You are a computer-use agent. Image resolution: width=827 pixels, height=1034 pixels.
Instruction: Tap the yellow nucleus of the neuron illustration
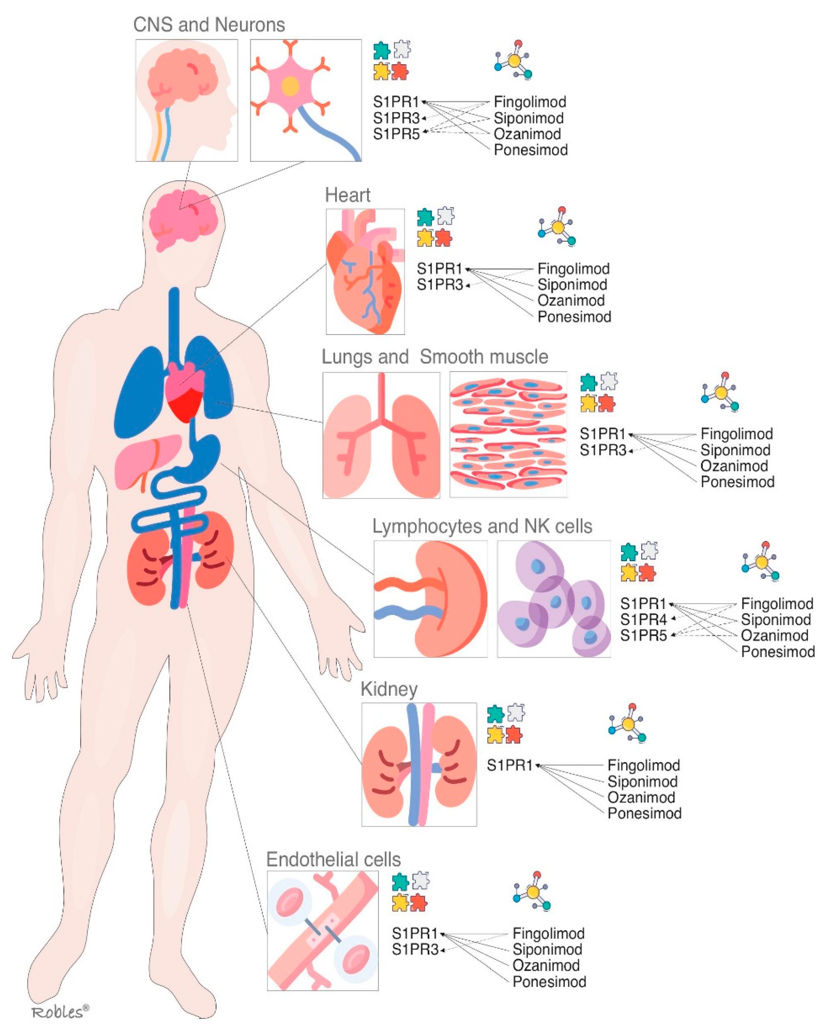pos(290,86)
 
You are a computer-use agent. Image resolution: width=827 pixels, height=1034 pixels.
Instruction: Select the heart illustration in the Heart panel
pos(365,273)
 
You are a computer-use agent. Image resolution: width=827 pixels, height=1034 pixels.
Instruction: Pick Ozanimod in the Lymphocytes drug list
pos(774,635)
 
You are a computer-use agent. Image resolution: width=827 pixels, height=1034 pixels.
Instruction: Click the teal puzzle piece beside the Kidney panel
pos(495,714)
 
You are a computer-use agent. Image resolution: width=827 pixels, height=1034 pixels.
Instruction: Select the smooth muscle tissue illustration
pos(508,434)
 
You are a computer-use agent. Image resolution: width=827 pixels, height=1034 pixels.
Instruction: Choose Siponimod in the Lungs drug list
pos(735,450)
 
